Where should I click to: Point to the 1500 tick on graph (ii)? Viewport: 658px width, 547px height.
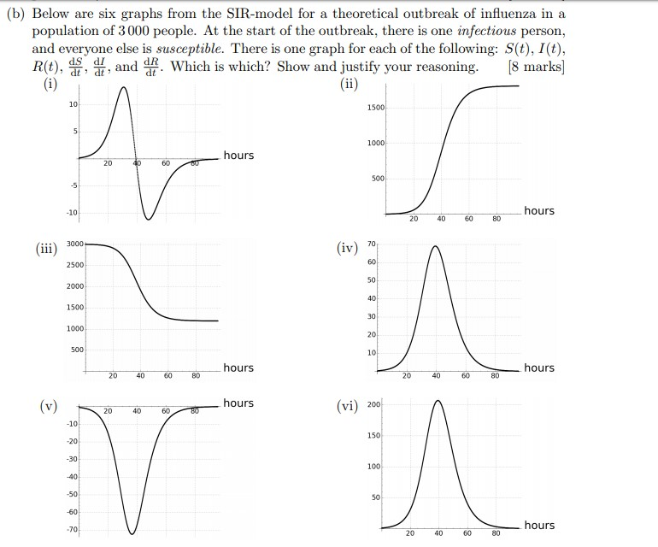click(376, 108)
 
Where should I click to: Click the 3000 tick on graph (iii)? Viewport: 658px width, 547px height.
click(74, 244)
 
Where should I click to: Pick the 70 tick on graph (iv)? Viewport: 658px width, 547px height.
click(372, 244)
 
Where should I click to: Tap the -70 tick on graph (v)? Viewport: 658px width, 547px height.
click(73, 530)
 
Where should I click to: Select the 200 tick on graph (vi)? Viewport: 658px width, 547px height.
click(373, 403)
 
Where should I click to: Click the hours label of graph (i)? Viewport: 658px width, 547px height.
click(238, 155)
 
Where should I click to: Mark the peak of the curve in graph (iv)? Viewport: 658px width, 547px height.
click(436, 246)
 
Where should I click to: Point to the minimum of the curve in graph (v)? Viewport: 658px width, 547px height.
click(132, 533)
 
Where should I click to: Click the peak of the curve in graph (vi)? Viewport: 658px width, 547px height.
click(438, 400)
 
